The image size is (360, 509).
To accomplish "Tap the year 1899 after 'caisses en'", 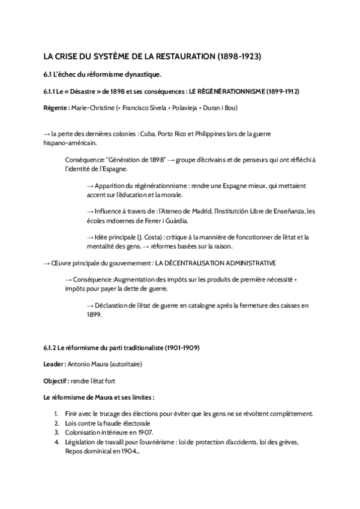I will click(x=94, y=314).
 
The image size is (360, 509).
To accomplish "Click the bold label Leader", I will click(x=54, y=364).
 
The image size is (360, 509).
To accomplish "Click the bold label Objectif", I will click(x=55, y=381).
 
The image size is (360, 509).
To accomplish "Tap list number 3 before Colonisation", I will click(x=55, y=432).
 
